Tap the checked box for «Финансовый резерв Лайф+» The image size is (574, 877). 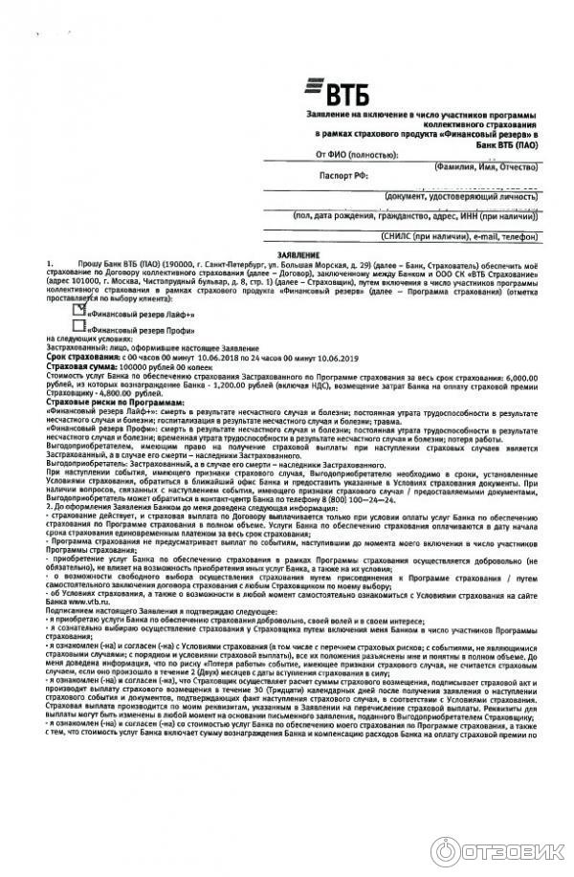(79, 310)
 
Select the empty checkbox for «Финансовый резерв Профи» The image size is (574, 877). (79, 326)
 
